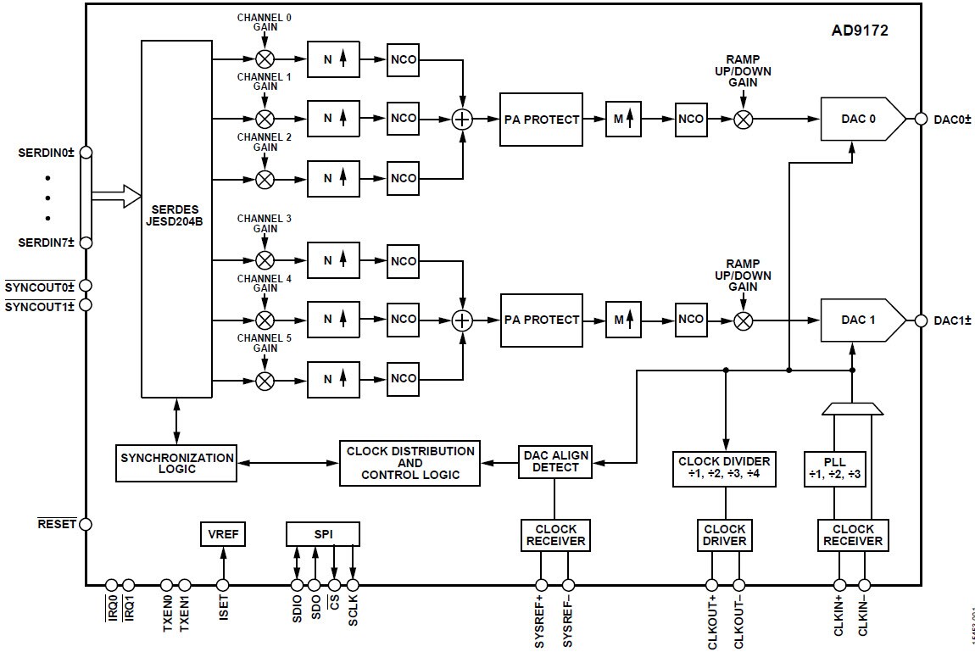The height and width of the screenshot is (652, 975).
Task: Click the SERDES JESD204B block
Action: click(176, 218)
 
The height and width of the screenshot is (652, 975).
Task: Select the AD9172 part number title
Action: click(860, 31)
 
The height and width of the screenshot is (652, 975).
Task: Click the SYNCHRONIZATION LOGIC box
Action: click(176, 463)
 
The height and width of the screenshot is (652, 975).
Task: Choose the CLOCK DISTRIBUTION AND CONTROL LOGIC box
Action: click(409, 463)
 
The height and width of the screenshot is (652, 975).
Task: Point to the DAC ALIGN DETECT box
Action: click(554, 461)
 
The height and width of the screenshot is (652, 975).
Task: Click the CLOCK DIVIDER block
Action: click(724, 467)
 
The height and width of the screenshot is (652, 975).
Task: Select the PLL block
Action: click(835, 467)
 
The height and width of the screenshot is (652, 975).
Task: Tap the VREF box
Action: click(222, 535)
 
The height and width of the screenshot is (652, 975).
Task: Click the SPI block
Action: click(323, 534)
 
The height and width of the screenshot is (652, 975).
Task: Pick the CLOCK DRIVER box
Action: click(724, 535)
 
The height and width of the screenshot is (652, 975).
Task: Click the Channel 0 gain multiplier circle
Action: click(265, 59)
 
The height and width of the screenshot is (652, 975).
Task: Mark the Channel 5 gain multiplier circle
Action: click(265, 379)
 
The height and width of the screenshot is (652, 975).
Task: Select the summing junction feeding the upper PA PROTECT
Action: click(462, 119)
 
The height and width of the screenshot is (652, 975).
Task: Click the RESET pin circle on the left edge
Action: click(85, 525)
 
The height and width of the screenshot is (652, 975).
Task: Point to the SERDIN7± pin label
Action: click(47, 242)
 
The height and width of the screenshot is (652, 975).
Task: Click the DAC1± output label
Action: click(952, 320)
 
